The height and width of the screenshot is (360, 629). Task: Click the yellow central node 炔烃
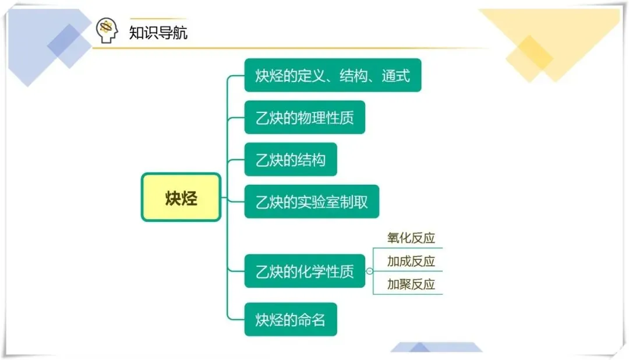click(x=181, y=197)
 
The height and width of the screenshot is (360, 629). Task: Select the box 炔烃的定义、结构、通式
click(x=333, y=75)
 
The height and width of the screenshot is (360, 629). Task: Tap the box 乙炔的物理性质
click(x=305, y=118)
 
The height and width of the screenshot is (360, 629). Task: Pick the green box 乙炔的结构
click(x=291, y=160)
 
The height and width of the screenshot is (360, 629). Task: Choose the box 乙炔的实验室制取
click(x=312, y=202)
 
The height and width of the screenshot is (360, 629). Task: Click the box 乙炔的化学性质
click(x=305, y=271)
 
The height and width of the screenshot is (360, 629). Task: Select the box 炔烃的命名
click(x=291, y=319)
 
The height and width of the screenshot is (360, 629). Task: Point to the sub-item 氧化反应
click(x=411, y=238)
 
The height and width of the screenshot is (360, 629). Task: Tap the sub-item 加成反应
click(x=411, y=261)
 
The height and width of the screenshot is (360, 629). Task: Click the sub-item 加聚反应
click(x=411, y=284)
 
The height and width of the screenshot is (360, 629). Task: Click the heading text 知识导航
click(x=158, y=32)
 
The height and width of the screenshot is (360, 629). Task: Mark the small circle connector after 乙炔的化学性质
click(x=369, y=271)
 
